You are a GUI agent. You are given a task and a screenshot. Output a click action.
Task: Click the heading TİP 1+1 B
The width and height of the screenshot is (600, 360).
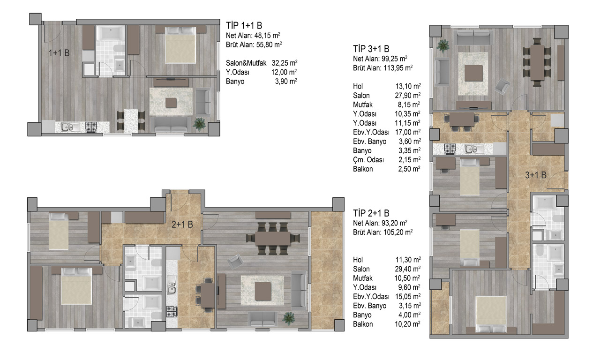pos(244,25)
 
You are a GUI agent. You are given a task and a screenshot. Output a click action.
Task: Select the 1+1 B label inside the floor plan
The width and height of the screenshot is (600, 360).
pos(59,53)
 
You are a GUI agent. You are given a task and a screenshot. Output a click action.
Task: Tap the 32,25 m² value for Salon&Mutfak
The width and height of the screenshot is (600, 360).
pos(285,63)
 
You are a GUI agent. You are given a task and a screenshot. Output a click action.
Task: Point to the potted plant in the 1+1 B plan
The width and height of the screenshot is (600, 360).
pos(199,124)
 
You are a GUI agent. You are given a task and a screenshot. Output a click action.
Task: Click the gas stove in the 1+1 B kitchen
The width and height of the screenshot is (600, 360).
pos(91,127)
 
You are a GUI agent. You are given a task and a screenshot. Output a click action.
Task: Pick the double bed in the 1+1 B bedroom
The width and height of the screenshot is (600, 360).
pos(180,45)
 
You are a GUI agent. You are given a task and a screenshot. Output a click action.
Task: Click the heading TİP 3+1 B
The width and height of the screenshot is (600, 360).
pos(371,49)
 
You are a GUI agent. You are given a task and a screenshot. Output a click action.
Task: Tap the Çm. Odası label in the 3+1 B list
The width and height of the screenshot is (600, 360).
pos(368,160)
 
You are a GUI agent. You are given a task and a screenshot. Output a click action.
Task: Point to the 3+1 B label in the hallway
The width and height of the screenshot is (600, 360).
pos(535,175)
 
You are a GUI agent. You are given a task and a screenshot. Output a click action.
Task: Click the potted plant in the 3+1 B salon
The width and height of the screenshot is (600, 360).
pos(443,46)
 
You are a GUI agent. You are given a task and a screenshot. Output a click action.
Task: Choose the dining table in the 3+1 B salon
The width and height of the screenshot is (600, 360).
pos(537,63)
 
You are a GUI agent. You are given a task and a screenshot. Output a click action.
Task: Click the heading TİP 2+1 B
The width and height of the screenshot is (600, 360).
pos(371,213)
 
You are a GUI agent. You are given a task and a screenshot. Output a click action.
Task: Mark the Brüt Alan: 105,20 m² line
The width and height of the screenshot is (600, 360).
pos(383,232)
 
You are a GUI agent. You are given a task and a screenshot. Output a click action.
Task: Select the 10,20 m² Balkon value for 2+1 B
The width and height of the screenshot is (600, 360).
pos(407,324)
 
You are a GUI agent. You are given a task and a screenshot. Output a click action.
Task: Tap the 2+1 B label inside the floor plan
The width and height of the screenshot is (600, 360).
pos(182,225)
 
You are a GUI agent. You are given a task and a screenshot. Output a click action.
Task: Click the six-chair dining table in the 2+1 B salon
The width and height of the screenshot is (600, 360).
pos(273,239)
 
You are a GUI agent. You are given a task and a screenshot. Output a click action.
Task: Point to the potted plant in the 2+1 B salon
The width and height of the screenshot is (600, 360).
pos(288,318)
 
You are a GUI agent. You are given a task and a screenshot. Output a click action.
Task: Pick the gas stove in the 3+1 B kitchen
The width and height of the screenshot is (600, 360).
pos(450,149)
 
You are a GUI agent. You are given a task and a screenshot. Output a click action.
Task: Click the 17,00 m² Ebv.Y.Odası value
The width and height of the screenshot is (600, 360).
pos(408,132)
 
